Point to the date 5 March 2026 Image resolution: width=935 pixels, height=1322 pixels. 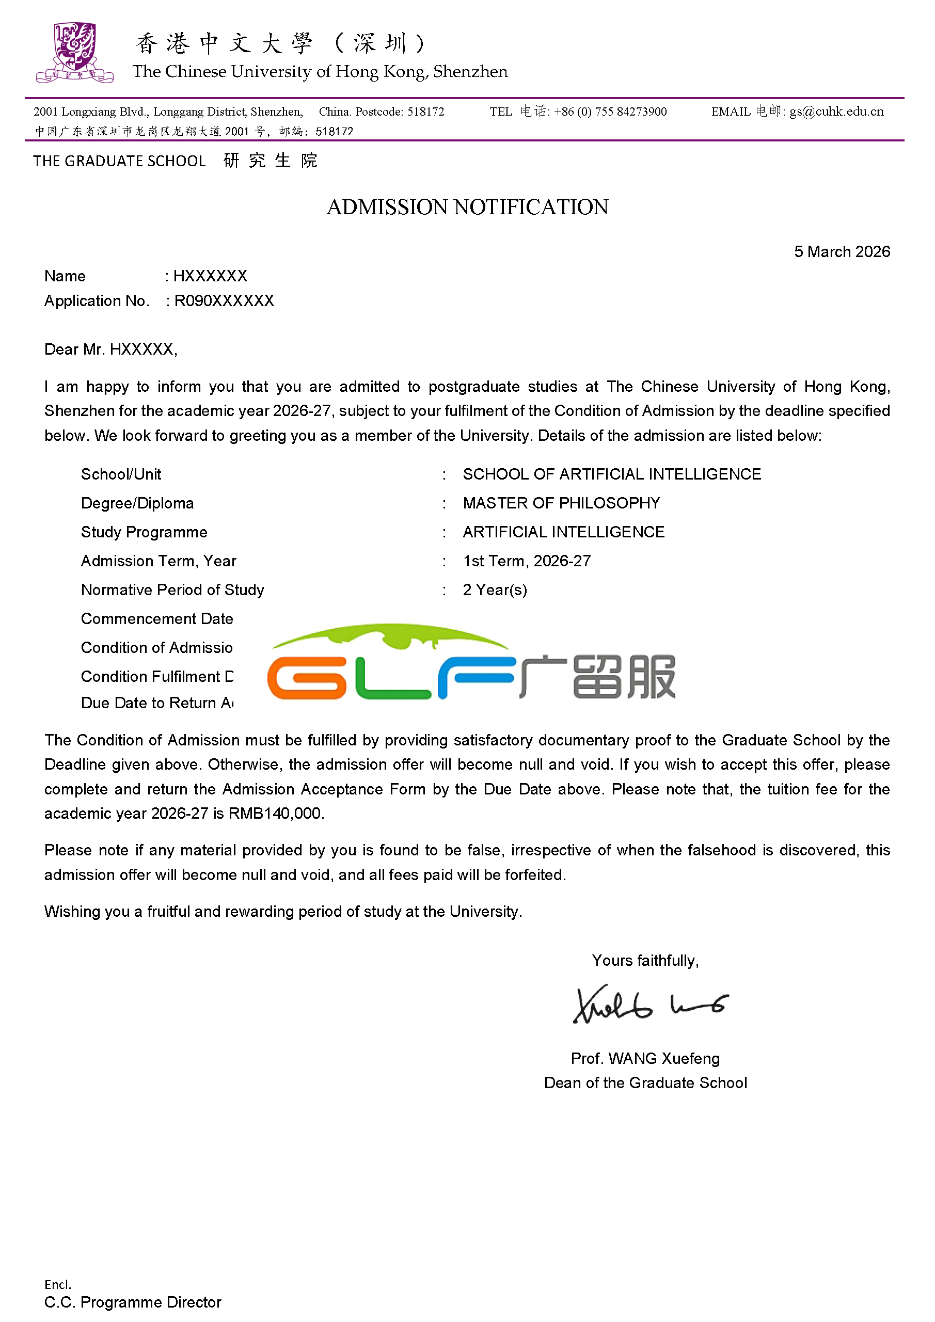pyautogui.click(x=841, y=251)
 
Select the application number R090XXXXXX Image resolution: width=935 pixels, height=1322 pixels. pyautogui.click(x=224, y=300)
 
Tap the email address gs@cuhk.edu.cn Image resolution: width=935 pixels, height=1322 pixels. pyautogui.click(x=836, y=112)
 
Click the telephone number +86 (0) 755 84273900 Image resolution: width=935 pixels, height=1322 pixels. pyautogui.click(x=610, y=112)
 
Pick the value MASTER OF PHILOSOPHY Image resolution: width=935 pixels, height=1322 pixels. pyautogui.click(x=561, y=503)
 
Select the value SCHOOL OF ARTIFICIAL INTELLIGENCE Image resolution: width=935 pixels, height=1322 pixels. pyautogui.click(x=611, y=474)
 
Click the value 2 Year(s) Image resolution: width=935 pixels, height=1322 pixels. pyautogui.click(x=495, y=590)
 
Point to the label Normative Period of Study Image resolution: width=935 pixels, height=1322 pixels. pyautogui.click(x=172, y=590)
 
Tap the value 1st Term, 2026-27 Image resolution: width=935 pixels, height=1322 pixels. pyautogui.click(x=526, y=561)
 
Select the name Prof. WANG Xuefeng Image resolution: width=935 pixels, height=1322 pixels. pyautogui.click(x=645, y=1058)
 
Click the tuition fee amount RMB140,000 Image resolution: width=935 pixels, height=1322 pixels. pyautogui.click(x=275, y=813)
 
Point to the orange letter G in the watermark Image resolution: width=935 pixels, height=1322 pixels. pyautogui.click(x=307, y=678)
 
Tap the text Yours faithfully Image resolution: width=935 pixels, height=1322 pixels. pyautogui.click(x=645, y=961)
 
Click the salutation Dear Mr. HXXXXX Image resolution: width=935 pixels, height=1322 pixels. pyautogui.click(x=110, y=349)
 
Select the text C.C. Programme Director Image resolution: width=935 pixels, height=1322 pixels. pyautogui.click(x=132, y=1302)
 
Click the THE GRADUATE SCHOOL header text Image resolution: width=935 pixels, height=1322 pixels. pyautogui.click(x=119, y=161)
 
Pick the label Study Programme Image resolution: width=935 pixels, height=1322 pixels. pyautogui.click(x=144, y=532)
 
